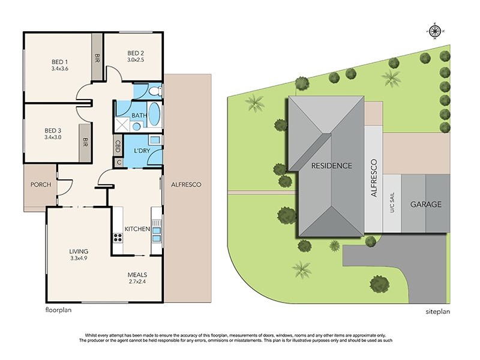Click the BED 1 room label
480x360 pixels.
coord(59,62)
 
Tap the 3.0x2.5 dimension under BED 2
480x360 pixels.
coord(136,59)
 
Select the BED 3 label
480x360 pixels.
coord(53,131)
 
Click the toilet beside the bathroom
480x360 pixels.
coord(156,91)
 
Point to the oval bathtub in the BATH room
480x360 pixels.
coord(155,114)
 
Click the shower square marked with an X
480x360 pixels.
coord(122,125)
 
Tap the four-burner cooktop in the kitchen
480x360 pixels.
coord(118,238)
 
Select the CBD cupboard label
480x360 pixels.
coord(118,146)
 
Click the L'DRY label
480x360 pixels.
coord(142,151)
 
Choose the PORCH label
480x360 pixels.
coord(41,184)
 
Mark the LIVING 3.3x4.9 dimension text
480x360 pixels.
coord(79,258)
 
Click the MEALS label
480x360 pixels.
coord(137,275)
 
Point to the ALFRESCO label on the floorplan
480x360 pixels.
coord(186,184)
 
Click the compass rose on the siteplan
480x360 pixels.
coord(434,31)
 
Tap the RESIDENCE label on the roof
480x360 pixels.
coord(332,166)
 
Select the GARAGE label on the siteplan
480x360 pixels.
coord(426,204)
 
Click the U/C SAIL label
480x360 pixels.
coord(392,202)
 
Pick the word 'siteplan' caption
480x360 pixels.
coord(438,311)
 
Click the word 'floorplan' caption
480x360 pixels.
coord(58,310)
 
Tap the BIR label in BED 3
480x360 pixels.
coord(85,142)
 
